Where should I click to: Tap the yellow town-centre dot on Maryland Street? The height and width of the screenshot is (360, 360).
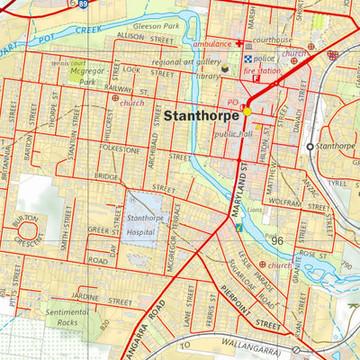[247, 112]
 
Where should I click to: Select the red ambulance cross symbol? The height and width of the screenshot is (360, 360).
[238, 43]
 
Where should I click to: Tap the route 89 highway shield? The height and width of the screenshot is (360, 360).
[82, 4]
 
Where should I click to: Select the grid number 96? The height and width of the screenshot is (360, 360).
[276, 240]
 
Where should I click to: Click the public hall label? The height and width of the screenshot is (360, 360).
[233, 134]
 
